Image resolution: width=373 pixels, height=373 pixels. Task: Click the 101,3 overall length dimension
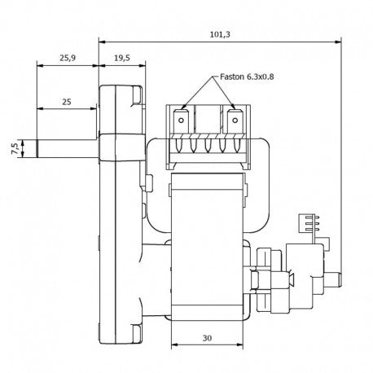[x=220, y=34]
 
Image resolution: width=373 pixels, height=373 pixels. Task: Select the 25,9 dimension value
[x=68, y=58]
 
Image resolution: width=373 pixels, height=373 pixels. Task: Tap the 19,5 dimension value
[x=122, y=58]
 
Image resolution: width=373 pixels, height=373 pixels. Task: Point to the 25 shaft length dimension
[x=67, y=102]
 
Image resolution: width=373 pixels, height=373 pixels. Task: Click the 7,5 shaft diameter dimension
[x=15, y=148]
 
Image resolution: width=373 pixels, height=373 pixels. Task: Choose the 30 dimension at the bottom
[x=207, y=338]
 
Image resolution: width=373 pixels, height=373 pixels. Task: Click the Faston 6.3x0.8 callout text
[x=247, y=77]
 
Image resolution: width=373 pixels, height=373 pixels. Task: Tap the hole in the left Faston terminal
[x=181, y=121]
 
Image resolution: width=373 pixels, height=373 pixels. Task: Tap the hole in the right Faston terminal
[x=235, y=121]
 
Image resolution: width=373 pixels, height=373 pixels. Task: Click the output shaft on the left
[x=67, y=148]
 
